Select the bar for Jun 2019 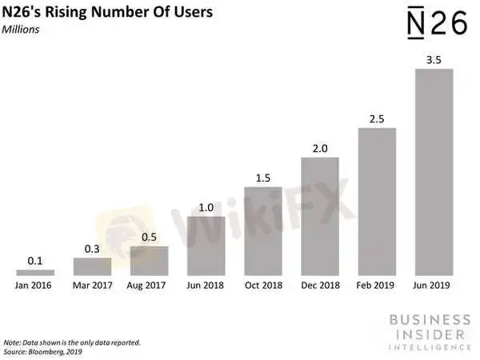pyautogui.click(x=434, y=172)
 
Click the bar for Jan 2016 pyautogui.click(x=35, y=272)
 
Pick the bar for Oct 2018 pyautogui.click(x=263, y=231)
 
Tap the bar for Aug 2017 pyautogui.click(x=149, y=261)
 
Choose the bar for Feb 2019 pyautogui.click(x=377, y=202)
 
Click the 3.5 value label pyautogui.click(x=434, y=61)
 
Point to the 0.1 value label pyautogui.click(x=35, y=262)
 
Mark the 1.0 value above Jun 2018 pyautogui.click(x=206, y=208)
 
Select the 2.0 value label pyautogui.click(x=320, y=149)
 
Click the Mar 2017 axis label pyautogui.click(x=92, y=286)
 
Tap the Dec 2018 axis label pyautogui.click(x=320, y=286)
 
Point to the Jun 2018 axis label pyautogui.click(x=206, y=286)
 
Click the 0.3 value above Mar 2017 pyautogui.click(x=92, y=250)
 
